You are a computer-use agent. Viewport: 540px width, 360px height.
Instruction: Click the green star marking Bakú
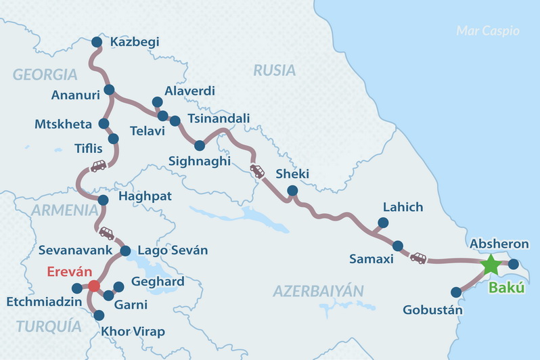point(490,265)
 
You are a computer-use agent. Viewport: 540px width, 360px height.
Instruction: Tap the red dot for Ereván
point(94,286)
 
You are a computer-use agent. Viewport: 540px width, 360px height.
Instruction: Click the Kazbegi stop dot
point(97,42)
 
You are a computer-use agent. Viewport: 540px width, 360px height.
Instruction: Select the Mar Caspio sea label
point(487,30)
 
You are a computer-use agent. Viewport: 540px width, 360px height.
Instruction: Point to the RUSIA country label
point(275,70)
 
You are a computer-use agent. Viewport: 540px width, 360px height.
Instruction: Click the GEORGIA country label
point(45,74)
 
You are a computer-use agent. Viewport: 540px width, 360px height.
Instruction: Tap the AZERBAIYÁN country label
point(318,291)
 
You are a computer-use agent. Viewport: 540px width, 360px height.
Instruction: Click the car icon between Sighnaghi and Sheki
point(257,171)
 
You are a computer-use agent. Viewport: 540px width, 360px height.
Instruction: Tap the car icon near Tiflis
point(98,165)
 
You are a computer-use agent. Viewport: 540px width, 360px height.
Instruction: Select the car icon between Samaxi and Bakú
point(418,257)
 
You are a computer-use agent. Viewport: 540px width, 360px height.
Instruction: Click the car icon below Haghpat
point(106,233)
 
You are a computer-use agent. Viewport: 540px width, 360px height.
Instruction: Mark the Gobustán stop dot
point(456,292)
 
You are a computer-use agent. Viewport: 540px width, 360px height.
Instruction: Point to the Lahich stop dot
point(384,222)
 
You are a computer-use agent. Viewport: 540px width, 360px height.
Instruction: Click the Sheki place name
point(292,175)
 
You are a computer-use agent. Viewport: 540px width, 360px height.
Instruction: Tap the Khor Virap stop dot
point(99,315)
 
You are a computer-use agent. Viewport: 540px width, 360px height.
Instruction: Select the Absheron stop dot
point(513,264)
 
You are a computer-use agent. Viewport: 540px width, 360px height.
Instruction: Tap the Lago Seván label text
point(173,251)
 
